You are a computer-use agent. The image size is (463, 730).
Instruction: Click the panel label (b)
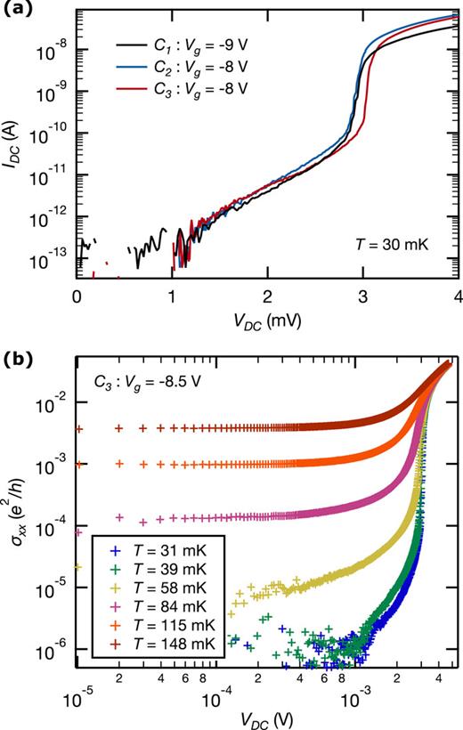[x=18, y=361]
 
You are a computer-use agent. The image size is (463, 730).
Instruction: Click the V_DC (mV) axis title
[x=267, y=318]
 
